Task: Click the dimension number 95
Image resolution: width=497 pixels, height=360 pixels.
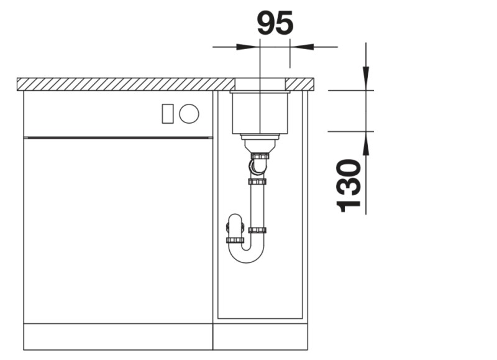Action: (275, 24)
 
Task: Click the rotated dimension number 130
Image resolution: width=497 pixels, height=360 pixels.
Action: (350, 185)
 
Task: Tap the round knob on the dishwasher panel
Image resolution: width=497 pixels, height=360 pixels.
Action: (189, 113)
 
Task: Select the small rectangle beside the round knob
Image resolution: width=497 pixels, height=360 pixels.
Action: (167, 113)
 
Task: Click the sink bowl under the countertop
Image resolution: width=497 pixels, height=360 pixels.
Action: (260, 112)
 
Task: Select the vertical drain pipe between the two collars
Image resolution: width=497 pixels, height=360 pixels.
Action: (257, 205)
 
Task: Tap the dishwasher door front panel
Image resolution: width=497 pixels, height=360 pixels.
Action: (118, 230)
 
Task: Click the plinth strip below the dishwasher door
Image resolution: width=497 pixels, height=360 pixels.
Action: (118, 336)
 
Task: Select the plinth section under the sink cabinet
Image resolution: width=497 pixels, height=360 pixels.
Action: (260, 336)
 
